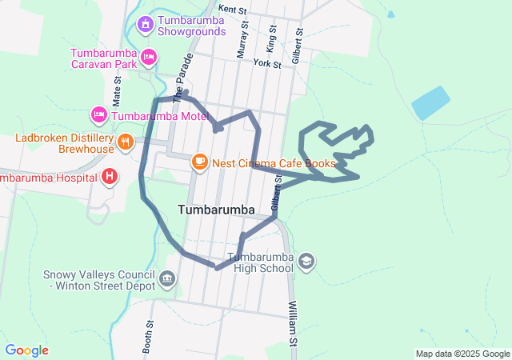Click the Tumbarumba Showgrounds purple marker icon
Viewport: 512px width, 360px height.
[145, 23]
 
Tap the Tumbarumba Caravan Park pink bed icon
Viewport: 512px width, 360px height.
[149, 57]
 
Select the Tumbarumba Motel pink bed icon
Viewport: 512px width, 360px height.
[99, 115]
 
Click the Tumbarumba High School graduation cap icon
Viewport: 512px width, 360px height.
[306, 262]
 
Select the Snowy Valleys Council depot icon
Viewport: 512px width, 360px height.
[167, 278]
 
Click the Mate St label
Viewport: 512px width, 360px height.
[117, 91]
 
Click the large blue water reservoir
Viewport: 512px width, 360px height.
[431, 102]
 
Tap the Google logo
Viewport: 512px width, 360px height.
[26, 350]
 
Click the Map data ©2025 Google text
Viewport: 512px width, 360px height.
[462, 354]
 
